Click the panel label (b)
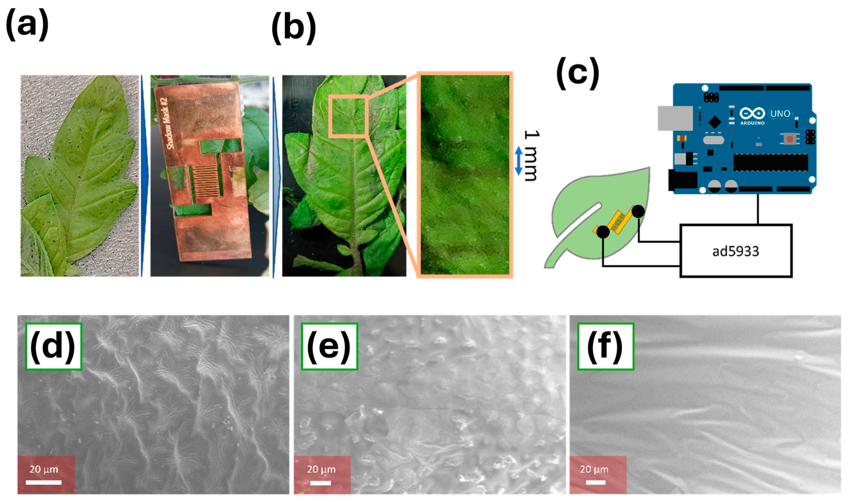(294, 30)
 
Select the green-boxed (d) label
(53, 346)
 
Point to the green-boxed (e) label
(329, 346)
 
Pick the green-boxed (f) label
(606, 346)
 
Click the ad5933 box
(736, 251)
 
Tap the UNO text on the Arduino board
(780, 113)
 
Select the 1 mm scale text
(531, 156)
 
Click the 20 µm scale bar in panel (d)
(43, 482)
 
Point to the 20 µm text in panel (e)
(321, 469)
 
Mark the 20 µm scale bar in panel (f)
(595, 482)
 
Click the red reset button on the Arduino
(790, 139)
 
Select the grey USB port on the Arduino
(675, 118)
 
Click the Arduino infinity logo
(752, 113)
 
